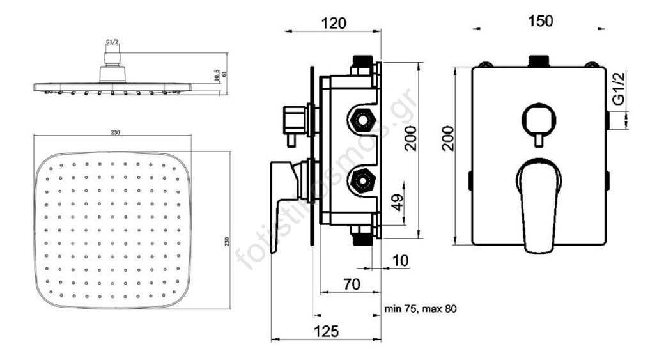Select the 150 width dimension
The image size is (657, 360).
(x=541, y=21)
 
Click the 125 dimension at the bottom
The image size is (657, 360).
(x=326, y=331)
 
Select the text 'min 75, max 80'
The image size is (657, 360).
(x=420, y=309)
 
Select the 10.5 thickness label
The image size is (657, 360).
(x=217, y=75)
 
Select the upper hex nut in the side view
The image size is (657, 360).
(x=363, y=120)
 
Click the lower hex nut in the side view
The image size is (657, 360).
(x=363, y=182)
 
